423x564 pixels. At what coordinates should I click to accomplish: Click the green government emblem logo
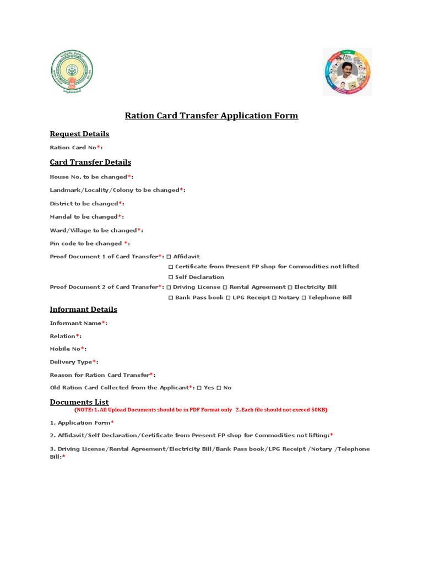pyautogui.click(x=72, y=72)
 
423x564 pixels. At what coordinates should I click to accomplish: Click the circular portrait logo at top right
pyautogui.click(x=346, y=72)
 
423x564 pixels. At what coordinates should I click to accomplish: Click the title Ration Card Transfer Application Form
pyautogui.click(x=211, y=116)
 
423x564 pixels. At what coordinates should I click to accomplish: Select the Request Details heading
pyautogui.click(x=79, y=134)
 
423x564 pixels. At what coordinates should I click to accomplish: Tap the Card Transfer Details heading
pyautogui.click(x=90, y=162)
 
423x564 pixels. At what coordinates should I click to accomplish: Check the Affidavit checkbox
pyautogui.click(x=169, y=257)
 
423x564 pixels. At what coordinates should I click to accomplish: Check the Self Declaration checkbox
pyautogui.click(x=171, y=277)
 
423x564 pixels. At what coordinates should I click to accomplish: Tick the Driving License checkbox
pyautogui.click(x=169, y=287)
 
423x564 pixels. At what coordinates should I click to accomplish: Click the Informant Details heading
pyautogui.click(x=83, y=310)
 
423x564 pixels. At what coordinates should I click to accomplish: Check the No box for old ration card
pyautogui.click(x=219, y=388)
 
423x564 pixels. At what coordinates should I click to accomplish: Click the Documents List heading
pyautogui.click(x=79, y=402)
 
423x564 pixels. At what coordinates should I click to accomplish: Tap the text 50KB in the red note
pyautogui.click(x=319, y=410)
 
